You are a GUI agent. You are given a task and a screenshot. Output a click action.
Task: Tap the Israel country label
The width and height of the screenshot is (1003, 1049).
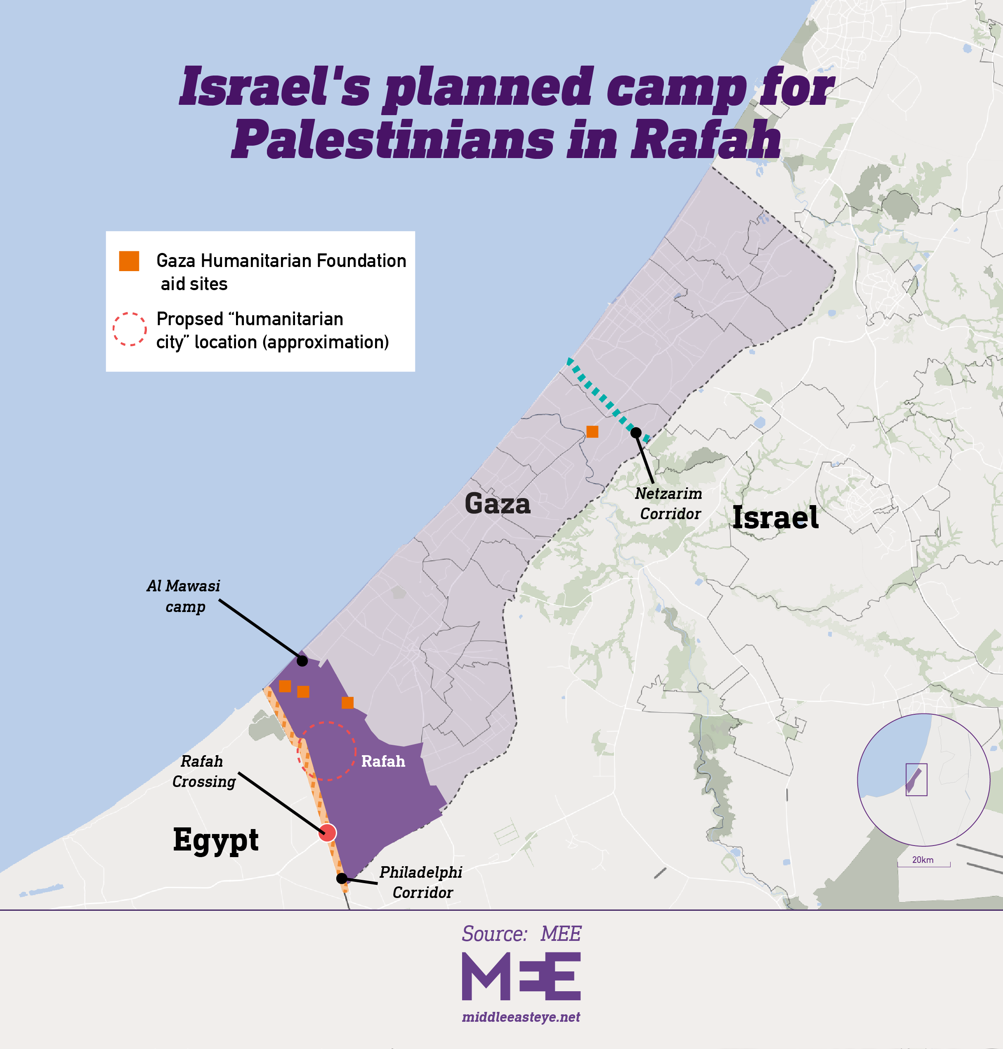click(775, 517)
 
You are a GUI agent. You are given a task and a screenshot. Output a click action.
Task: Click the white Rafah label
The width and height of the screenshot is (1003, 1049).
click(383, 761)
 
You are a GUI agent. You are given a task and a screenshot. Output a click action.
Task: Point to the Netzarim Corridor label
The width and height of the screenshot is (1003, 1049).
click(669, 503)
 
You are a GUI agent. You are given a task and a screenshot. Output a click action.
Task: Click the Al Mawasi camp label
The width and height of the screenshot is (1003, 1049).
click(183, 596)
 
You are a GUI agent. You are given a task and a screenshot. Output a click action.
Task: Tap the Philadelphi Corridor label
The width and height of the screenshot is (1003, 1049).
click(421, 882)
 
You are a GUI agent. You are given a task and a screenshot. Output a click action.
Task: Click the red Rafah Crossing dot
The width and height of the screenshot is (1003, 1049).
click(327, 832)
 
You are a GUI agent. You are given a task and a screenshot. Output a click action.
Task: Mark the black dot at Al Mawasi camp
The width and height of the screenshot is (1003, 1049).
click(302, 661)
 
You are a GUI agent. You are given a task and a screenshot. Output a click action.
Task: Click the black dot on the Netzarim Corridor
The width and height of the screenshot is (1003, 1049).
click(636, 432)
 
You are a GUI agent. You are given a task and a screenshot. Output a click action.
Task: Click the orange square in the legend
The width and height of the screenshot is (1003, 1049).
click(129, 261)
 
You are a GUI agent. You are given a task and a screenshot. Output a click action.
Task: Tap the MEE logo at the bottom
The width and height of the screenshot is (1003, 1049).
click(521, 976)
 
